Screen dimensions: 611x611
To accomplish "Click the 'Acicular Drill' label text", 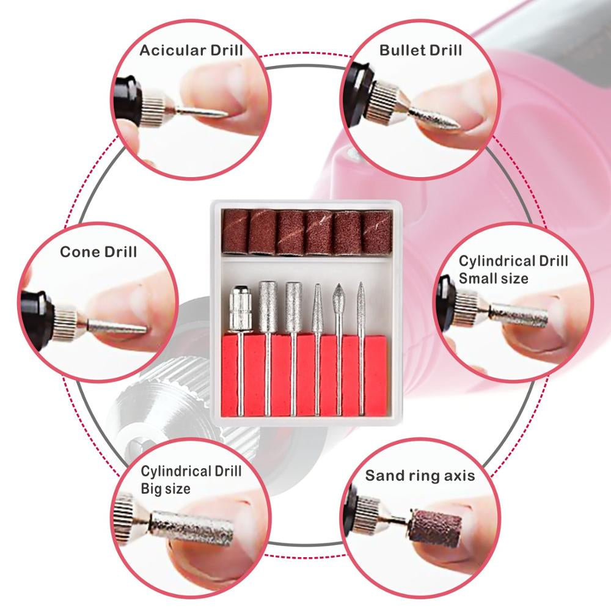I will (x=191, y=49).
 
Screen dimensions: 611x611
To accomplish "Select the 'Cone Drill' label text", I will (x=98, y=252).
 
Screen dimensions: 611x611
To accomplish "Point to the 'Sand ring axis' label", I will (x=420, y=475).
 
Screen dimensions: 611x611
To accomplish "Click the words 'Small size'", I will (x=494, y=279).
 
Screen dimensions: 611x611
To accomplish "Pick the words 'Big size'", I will (x=166, y=488).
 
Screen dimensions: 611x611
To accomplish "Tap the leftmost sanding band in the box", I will (x=235, y=230).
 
